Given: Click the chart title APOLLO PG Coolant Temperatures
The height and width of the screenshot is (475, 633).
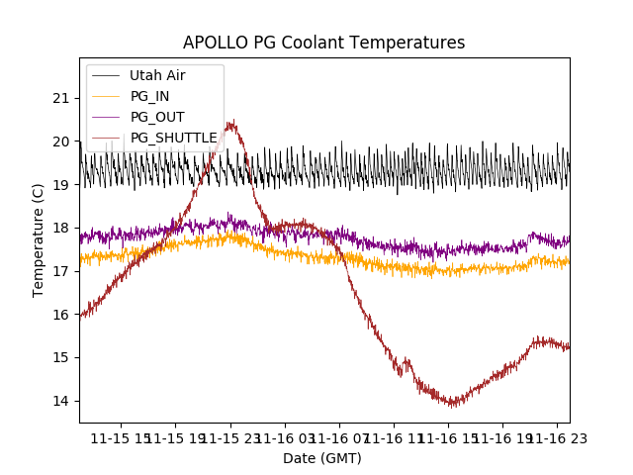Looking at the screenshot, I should pos(323,43).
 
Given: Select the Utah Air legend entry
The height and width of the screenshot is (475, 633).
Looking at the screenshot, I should pos(157,75).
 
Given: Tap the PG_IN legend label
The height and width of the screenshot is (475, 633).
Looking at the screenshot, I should pos(150,96).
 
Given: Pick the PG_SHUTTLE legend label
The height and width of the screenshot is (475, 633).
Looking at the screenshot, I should pos(173,138).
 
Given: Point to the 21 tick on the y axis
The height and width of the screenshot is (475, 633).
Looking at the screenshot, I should pos(61,98).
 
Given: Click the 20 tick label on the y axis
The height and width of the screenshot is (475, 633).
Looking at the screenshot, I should pos(61,142).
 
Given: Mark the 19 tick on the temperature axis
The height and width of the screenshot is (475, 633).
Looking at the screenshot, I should pos(61,184).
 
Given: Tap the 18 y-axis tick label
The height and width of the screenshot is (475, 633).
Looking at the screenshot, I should pos(61,228).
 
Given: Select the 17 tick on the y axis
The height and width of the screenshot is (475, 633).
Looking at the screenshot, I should pos(61,271).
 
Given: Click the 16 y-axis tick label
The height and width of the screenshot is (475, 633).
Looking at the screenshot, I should pos(61,314).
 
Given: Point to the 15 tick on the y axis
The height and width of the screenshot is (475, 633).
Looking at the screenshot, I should pos(61,357).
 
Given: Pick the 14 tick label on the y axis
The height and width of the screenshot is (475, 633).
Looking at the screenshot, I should pos(61,401).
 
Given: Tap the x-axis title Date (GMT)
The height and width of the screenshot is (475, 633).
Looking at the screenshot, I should pos(322,458).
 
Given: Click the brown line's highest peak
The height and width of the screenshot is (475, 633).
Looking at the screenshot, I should pos(231,122).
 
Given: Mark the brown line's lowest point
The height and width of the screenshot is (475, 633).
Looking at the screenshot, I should pos(453,406).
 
